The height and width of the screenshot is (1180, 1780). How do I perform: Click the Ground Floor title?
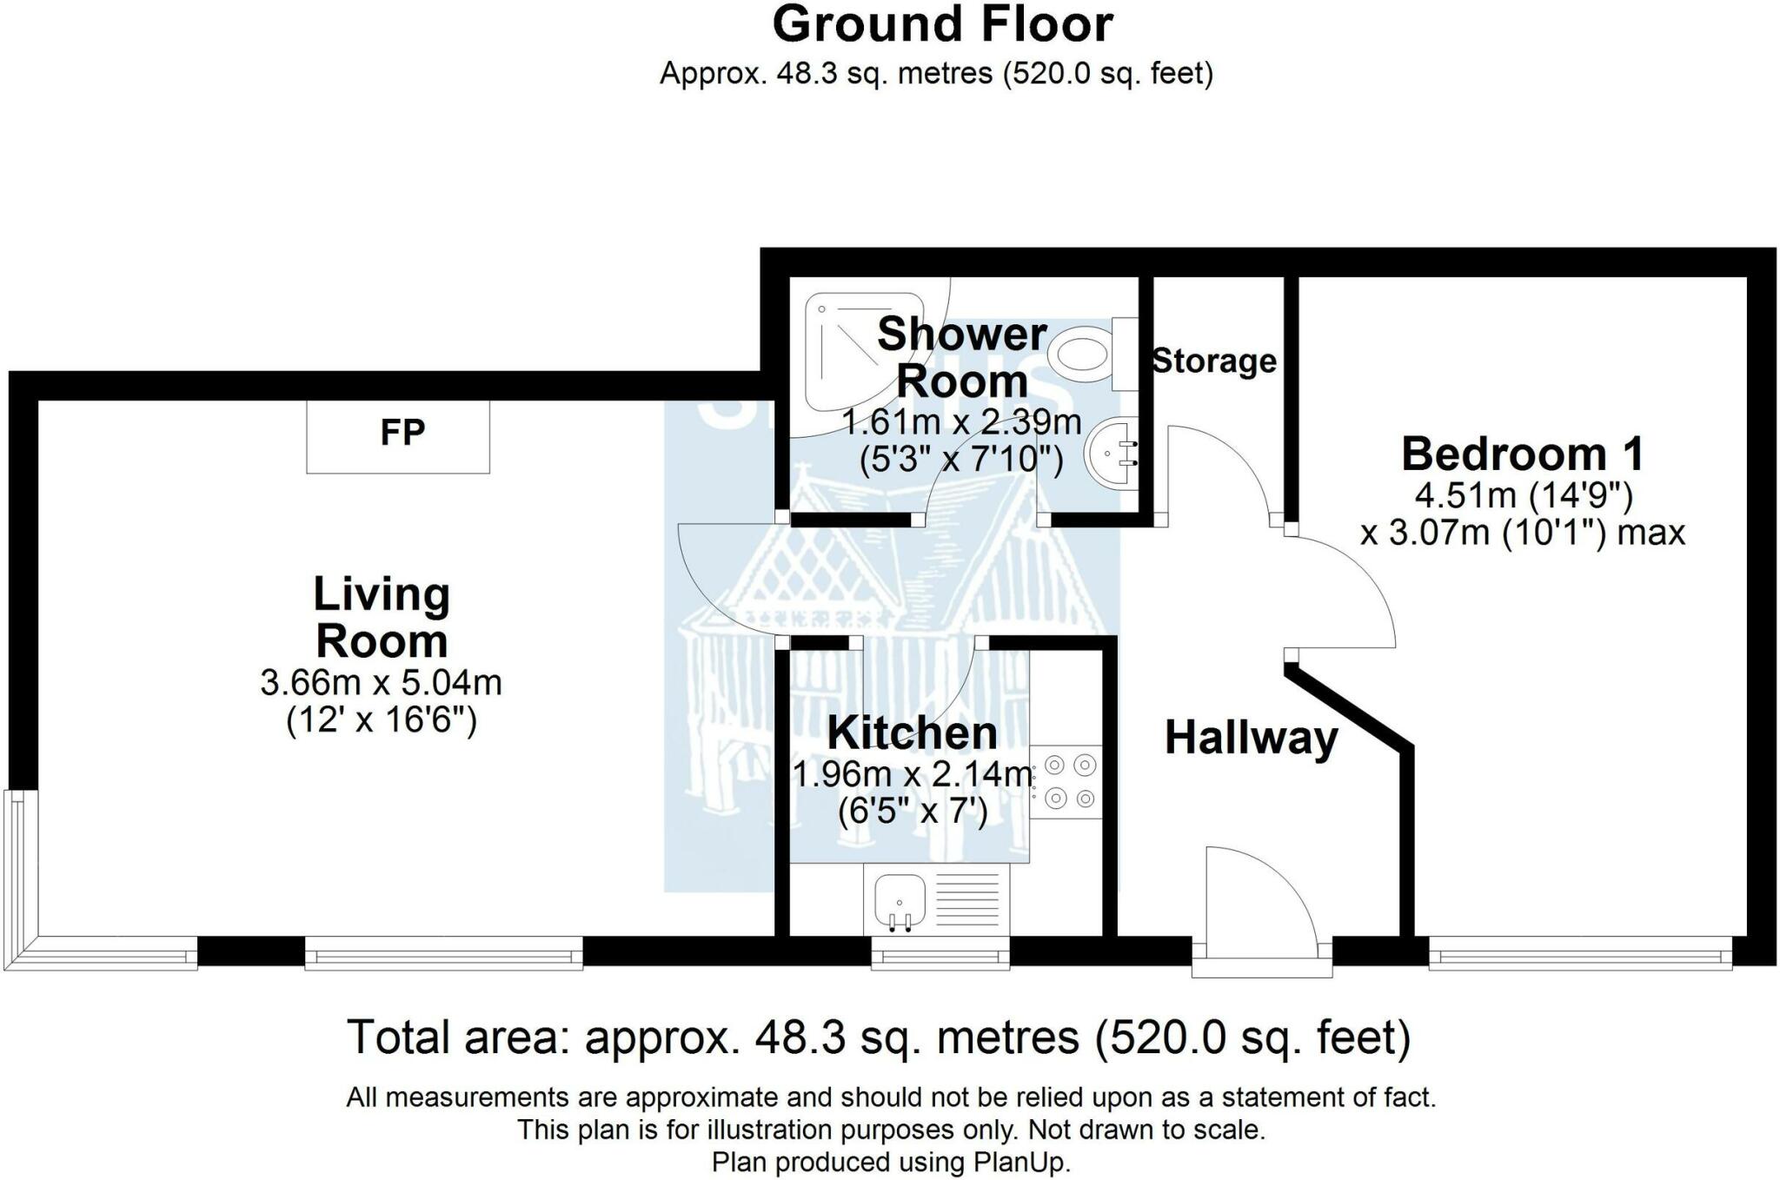942,24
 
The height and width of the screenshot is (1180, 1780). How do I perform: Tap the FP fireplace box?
398,436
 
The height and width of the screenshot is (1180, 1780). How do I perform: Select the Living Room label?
382,618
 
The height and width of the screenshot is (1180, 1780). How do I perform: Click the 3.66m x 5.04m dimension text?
382,683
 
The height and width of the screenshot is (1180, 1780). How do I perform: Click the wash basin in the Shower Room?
1111,452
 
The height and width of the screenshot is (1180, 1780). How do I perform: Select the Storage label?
1214,361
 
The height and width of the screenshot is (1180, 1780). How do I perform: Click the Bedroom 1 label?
1523,454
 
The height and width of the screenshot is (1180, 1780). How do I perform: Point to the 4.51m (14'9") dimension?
1524,496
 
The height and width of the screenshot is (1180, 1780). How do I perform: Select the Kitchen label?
912,733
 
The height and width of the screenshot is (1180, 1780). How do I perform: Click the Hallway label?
1251,739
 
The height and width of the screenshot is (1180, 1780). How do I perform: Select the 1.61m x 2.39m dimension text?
961,423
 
